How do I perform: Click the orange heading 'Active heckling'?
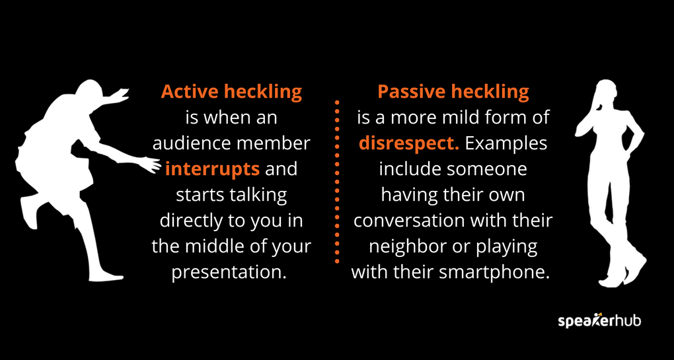click(231, 92)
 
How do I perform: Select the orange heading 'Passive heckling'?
click(453, 92)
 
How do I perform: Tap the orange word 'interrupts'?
click(212, 168)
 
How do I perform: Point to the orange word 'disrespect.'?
click(409, 143)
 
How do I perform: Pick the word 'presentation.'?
click(229, 271)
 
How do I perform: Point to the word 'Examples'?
click(506, 143)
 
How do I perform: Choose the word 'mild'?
click(465, 118)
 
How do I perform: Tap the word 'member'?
click(280, 143)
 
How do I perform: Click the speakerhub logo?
click(599, 321)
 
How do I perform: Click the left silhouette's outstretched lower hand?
click(151, 164)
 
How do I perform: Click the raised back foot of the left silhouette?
click(30, 211)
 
